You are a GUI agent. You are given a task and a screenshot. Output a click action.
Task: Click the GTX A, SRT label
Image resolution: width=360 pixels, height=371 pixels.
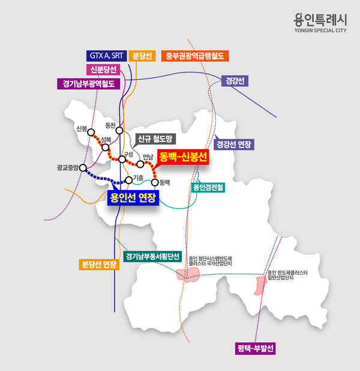[x=106, y=56]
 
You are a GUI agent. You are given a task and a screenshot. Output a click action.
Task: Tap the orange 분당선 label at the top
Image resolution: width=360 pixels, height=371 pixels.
[x=144, y=56]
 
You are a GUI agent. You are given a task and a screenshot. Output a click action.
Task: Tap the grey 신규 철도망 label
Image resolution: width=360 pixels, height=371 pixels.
[x=154, y=140]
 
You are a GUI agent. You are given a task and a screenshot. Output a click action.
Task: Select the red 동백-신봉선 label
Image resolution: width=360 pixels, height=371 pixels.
[x=183, y=157]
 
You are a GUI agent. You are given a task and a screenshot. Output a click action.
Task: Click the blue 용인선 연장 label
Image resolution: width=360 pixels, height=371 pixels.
[x=133, y=197]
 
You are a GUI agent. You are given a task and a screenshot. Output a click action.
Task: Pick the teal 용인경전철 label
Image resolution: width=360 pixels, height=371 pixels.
[x=208, y=187]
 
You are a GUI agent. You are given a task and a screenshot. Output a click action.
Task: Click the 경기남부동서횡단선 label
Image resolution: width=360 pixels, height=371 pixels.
[x=153, y=257]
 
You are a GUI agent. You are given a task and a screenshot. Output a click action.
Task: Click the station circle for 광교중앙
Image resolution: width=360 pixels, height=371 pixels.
[x=83, y=168]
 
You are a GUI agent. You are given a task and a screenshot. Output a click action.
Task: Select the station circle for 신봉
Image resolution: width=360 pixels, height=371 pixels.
[x=91, y=134]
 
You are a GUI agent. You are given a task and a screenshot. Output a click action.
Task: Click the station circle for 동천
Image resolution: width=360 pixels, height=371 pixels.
[x=119, y=131]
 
